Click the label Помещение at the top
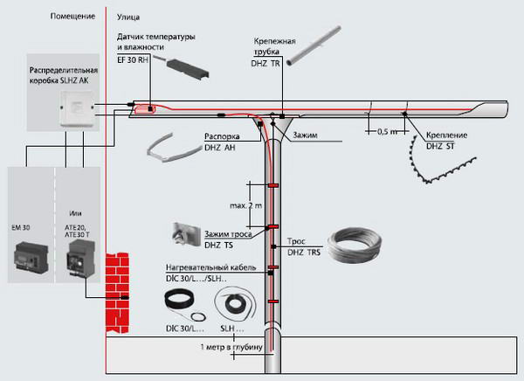72,16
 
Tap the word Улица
128,17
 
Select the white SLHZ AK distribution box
77,108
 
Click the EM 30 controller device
31,257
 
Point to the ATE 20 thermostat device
80,258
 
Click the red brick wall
117,293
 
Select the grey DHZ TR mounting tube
314,45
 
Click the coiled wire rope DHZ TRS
354,246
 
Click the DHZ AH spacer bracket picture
169,149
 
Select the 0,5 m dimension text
388,132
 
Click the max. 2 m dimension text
246,205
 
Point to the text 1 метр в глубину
231,347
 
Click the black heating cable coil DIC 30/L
179,299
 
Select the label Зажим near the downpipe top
305,135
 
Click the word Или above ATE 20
75,213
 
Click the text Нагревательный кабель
210,267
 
